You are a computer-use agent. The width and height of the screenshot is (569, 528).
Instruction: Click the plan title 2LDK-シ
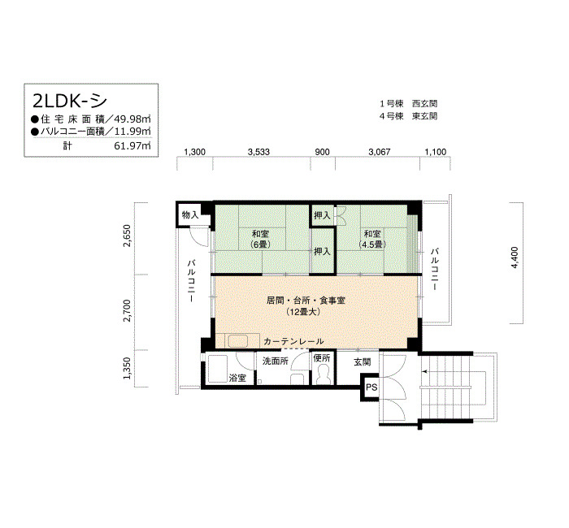(x=70, y=101)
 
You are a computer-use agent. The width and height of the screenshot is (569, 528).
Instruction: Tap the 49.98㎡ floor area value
(x=132, y=119)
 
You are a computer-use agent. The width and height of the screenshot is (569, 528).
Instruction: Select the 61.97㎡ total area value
(x=132, y=145)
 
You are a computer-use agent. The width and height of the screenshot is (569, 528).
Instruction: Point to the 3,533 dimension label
(x=258, y=152)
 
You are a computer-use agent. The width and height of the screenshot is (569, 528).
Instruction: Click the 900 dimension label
(x=322, y=152)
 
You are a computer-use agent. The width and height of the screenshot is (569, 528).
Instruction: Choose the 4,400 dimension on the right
(x=515, y=258)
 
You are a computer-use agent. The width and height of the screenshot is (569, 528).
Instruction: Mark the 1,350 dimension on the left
(x=127, y=368)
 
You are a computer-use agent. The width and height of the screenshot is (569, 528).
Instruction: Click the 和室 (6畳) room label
(x=261, y=239)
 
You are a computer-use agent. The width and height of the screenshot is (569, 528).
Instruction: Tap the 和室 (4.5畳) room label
(x=372, y=239)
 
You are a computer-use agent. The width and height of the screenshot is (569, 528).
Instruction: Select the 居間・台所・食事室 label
(x=306, y=301)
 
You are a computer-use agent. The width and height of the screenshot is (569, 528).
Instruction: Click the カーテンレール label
(x=293, y=341)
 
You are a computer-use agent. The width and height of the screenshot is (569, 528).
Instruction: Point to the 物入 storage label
(x=190, y=215)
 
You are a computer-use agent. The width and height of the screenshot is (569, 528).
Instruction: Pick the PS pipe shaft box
(x=371, y=387)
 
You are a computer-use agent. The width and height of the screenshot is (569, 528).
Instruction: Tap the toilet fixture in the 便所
(x=322, y=374)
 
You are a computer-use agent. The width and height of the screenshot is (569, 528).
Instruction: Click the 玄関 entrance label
(x=363, y=362)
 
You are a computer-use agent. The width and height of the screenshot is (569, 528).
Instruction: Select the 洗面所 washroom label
(x=276, y=361)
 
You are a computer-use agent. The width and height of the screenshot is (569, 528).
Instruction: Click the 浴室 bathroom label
(x=237, y=378)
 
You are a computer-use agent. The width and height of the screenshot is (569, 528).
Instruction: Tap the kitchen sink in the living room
(x=237, y=341)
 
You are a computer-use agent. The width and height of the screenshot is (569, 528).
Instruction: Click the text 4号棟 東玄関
(x=408, y=116)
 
